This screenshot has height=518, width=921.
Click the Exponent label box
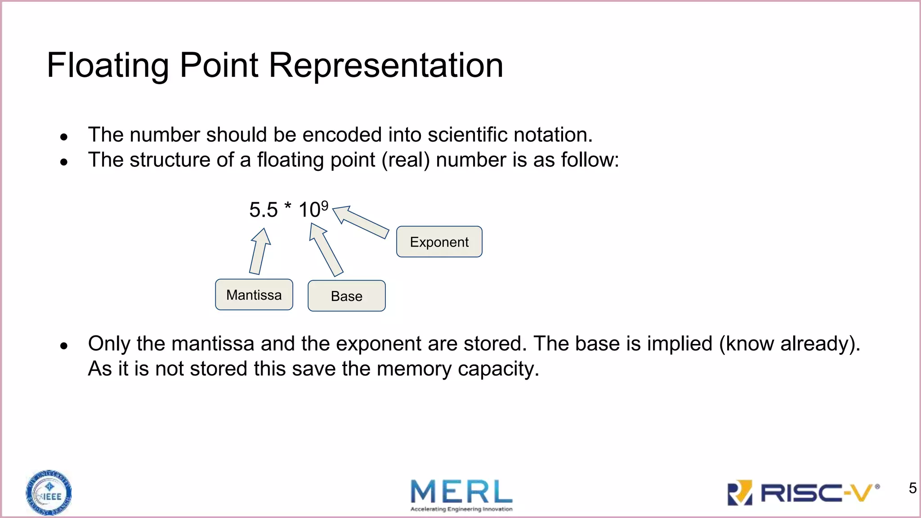(439, 242)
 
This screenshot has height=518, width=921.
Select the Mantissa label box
(254, 295)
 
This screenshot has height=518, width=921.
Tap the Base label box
(346, 296)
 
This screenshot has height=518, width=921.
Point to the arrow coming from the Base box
(326, 250)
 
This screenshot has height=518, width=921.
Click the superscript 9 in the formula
(325, 205)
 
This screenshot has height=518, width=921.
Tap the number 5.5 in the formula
(264, 210)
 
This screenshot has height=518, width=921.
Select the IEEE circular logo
(49, 493)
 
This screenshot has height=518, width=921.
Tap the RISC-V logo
(803, 493)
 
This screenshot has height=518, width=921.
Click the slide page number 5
(912, 488)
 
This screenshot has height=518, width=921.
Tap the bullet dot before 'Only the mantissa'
(64, 346)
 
